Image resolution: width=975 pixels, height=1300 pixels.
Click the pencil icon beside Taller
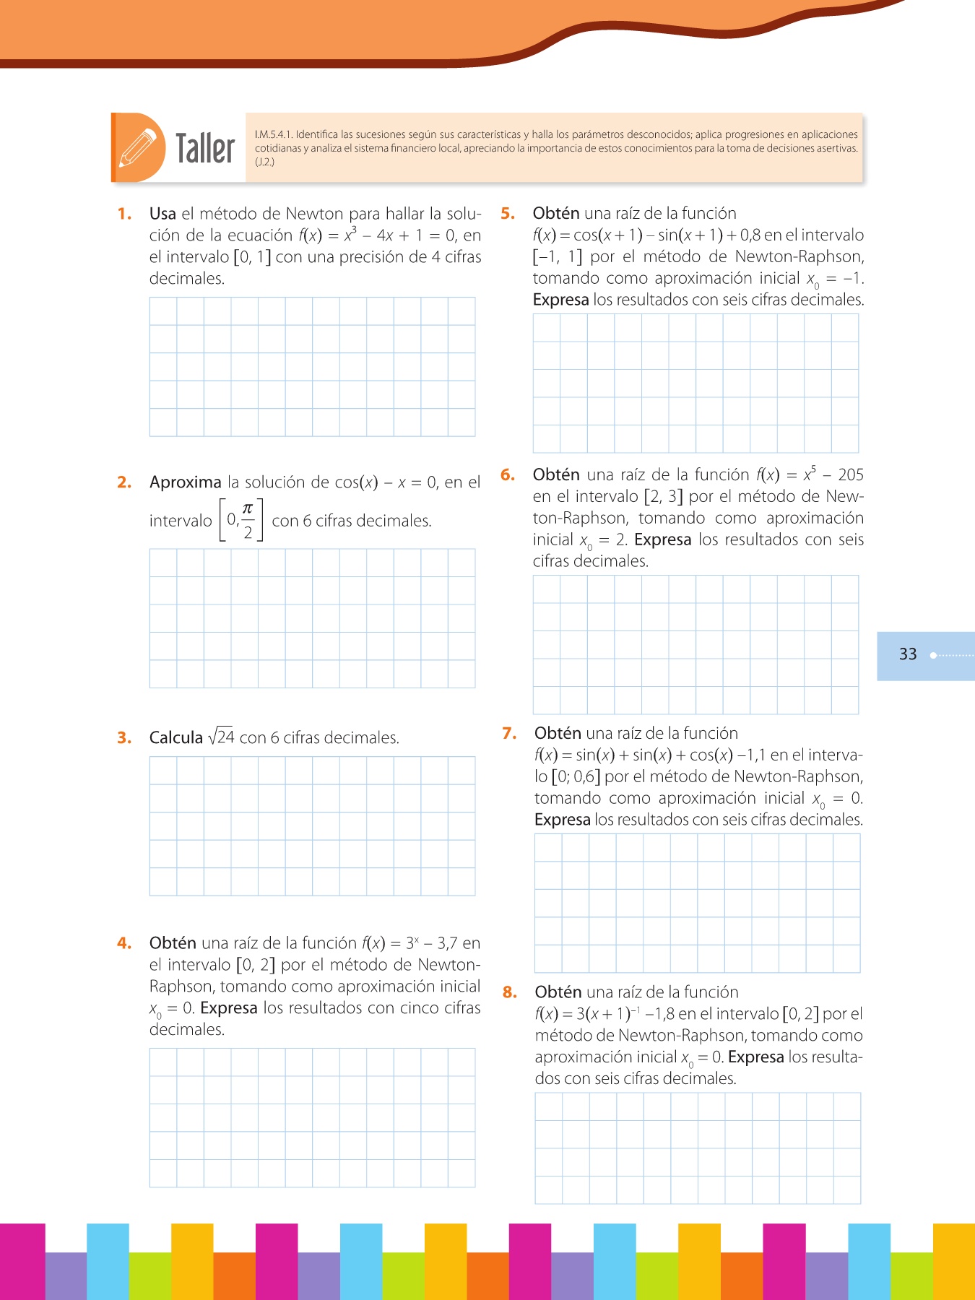coord(138,148)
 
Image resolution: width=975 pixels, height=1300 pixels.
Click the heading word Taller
coord(205,149)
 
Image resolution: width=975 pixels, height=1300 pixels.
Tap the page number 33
coord(908,654)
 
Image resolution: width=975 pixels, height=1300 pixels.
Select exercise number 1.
coord(125,214)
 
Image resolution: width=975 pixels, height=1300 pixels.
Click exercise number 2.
coord(125,482)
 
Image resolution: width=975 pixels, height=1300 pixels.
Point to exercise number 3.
coord(125,738)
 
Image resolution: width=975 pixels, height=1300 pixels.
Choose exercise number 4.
coord(125,943)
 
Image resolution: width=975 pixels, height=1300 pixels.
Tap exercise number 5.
coord(508,214)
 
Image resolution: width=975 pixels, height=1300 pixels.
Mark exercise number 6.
coord(508,475)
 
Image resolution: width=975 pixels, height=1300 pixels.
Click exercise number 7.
coord(510,734)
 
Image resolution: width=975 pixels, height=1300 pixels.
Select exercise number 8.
coord(510,992)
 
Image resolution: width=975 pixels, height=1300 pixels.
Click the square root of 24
coord(221,737)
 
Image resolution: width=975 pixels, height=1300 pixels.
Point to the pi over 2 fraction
coord(248,520)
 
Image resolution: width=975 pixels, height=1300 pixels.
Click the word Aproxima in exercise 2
coord(186,482)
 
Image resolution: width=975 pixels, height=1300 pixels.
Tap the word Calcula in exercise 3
coord(176,738)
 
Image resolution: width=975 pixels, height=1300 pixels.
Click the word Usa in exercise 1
coord(162,214)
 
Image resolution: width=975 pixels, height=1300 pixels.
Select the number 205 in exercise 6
coord(851,475)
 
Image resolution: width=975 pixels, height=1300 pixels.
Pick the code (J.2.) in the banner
coord(264,162)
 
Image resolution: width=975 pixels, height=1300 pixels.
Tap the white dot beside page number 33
coord(933,655)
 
